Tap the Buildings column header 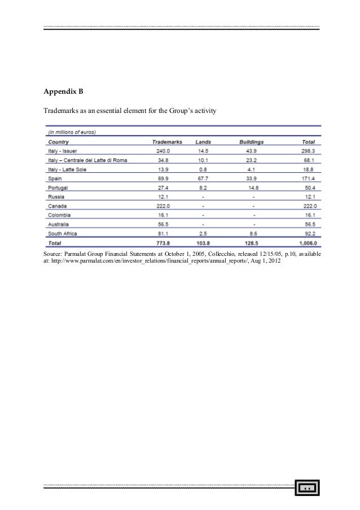(x=252, y=142)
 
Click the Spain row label (x=55, y=178)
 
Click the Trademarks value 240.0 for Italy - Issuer (x=164, y=151)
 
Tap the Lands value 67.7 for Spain (x=203, y=178)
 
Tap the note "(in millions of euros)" (x=72, y=133)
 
